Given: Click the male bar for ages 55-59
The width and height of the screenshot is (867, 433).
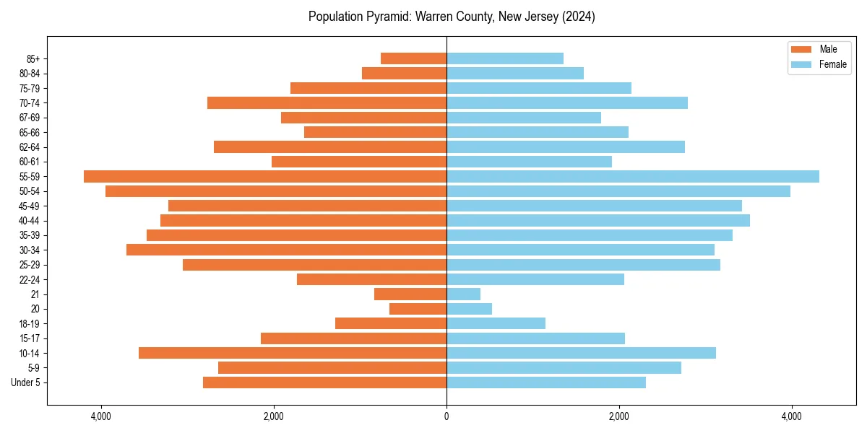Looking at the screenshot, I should tap(265, 177).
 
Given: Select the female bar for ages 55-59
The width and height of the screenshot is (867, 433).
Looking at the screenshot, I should tap(633, 177).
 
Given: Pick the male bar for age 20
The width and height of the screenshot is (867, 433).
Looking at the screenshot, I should tap(418, 309).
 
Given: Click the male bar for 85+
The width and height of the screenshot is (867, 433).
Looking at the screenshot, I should tap(414, 58).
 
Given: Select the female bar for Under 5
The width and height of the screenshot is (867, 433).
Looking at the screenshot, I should tap(546, 382).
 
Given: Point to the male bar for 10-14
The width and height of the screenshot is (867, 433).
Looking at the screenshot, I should tap(293, 353).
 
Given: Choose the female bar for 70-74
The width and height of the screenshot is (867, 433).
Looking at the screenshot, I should tap(567, 103).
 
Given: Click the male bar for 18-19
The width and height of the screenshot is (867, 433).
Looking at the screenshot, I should tap(391, 323).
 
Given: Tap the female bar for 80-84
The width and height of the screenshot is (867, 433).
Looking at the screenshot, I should tap(515, 74).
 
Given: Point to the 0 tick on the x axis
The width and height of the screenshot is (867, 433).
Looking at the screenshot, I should tap(447, 416).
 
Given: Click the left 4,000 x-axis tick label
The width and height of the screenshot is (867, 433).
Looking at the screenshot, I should tap(101, 416).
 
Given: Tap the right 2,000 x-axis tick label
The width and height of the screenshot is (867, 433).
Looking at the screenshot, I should tap(619, 416).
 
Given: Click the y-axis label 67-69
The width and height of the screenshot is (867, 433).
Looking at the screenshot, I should tap(30, 118).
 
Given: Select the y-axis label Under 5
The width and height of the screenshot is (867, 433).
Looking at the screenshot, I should tap(26, 382).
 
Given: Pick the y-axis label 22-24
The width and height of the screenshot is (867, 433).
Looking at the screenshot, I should tap(30, 279).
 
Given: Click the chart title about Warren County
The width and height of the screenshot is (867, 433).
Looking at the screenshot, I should tap(452, 17).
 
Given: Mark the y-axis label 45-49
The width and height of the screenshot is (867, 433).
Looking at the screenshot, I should tap(30, 206).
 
